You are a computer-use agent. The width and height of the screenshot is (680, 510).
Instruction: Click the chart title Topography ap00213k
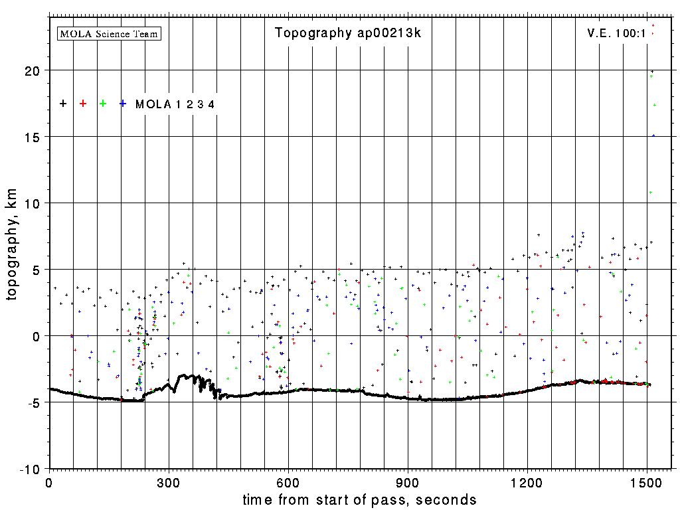(348, 33)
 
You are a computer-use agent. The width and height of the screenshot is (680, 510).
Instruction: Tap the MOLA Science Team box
(110, 33)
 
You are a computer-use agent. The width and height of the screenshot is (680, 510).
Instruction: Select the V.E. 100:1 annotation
(616, 33)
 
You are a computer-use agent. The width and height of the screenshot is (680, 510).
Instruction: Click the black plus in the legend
(63, 104)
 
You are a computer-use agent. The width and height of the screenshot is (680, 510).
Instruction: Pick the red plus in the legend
(83, 104)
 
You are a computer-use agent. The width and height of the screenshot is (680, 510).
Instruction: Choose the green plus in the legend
(103, 104)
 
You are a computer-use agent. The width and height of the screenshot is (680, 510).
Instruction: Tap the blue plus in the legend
(123, 104)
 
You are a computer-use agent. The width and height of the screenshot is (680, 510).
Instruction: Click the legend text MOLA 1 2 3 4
(175, 104)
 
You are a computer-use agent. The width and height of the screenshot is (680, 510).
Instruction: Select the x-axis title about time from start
(359, 499)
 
